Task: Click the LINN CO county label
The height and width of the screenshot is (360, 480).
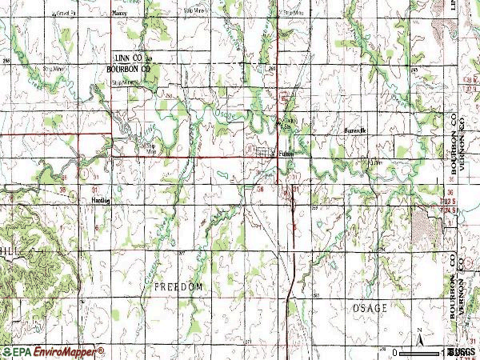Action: click(x=128, y=60)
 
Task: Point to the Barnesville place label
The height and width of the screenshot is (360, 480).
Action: click(x=353, y=130)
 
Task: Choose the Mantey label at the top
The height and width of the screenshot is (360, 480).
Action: click(x=121, y=13)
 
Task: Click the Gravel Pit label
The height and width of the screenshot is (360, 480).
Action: click(x=67, y=13)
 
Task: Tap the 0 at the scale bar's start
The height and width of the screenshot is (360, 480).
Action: click(x=395, y=351)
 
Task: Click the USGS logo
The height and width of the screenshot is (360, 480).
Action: click(x=462, y=351)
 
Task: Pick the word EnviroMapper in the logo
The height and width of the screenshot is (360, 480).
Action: click(x=66, y=351)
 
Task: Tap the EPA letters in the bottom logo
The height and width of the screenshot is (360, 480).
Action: click(x=19, y=351)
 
